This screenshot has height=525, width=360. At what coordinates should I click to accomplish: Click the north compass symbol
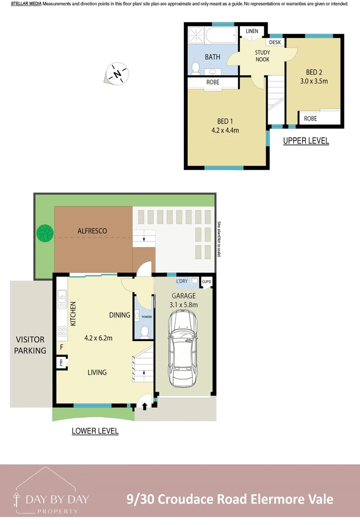tap(117, 74)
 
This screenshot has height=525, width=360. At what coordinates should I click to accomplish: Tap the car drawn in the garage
tap(182, 348)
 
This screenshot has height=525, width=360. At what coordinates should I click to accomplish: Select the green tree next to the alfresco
tap(45, 233)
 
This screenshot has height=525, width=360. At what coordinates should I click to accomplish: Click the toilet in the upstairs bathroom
tap(196, 68)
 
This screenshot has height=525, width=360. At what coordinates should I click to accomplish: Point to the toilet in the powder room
tap(144, 332)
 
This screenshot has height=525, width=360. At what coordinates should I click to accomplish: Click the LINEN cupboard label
tap(252, 31)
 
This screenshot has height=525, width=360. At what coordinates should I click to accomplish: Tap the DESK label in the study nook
tap(275, 42)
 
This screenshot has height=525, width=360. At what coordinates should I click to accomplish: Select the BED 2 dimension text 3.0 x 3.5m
tap(314, 81)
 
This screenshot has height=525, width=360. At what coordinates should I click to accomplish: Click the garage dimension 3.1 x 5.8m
tap(183, 305)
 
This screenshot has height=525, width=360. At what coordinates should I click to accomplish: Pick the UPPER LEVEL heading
tap(306, 141)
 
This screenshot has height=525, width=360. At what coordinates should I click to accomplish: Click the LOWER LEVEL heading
tap(95, 431)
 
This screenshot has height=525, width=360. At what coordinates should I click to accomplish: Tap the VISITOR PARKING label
tap(30, 345)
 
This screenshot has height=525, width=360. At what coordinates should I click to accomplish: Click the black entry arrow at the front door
tap(145, 406)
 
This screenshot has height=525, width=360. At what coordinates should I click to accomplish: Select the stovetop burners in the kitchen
tap(62, 332)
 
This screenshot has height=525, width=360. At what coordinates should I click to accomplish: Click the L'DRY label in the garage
tap(182, 281)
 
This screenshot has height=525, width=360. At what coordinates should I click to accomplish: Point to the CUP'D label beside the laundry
tap(206, 281)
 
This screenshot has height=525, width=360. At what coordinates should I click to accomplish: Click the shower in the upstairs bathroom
tap(196, 35)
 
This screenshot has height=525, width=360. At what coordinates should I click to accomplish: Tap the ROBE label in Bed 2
tap(310, 119)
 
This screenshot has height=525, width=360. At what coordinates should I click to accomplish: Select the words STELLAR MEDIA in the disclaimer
tap(26, 4)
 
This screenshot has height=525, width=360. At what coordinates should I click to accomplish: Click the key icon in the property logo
tap(16, 500)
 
